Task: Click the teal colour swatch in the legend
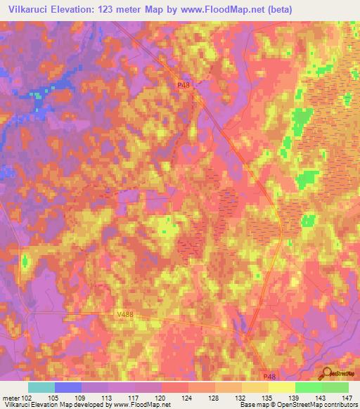pos(41,387)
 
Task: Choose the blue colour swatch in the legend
pos(68,387)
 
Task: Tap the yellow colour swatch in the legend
pos(281,387)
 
